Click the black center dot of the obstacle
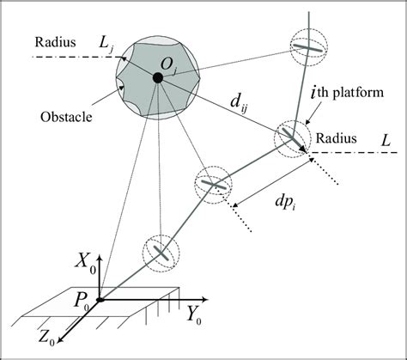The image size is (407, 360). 157,78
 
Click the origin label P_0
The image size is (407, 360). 82,302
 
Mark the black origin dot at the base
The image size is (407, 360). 101,301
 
